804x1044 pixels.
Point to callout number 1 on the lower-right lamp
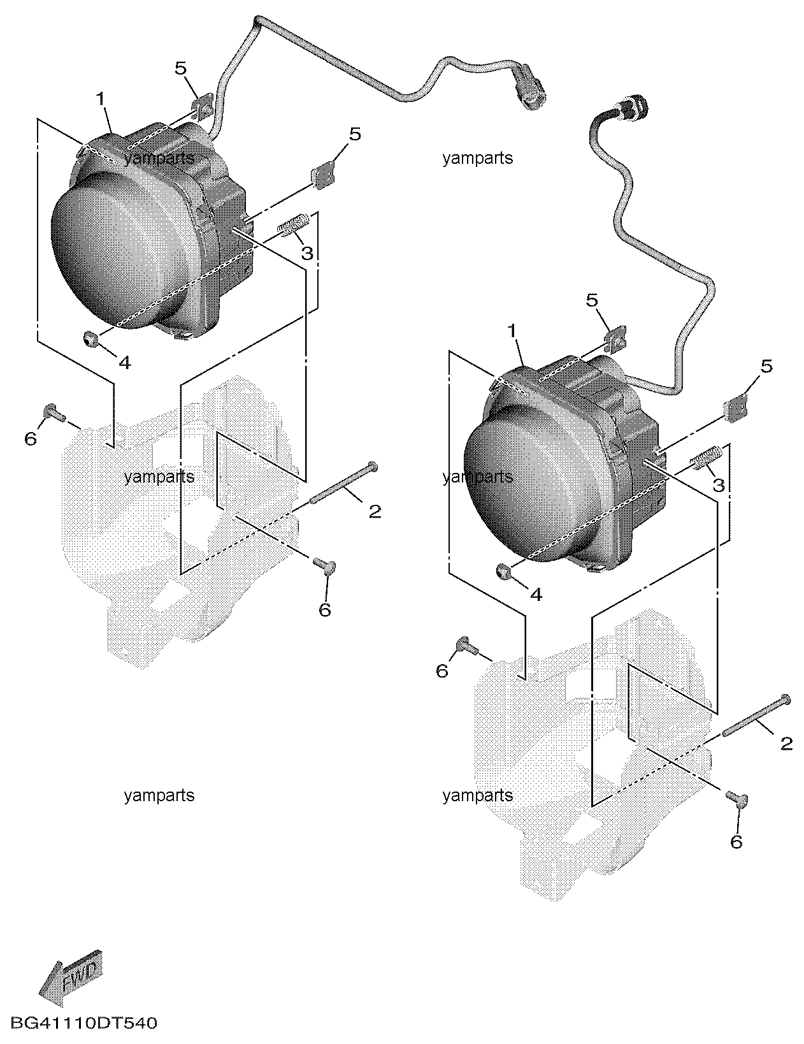pos(512,331)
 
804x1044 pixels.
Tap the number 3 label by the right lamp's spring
pos(718,486)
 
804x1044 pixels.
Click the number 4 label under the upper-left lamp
pos(124,363)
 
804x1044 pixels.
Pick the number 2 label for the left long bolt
pos(375,511)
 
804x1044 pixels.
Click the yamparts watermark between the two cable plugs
pos(478,158)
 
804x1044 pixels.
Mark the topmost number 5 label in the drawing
pos(180,69)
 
